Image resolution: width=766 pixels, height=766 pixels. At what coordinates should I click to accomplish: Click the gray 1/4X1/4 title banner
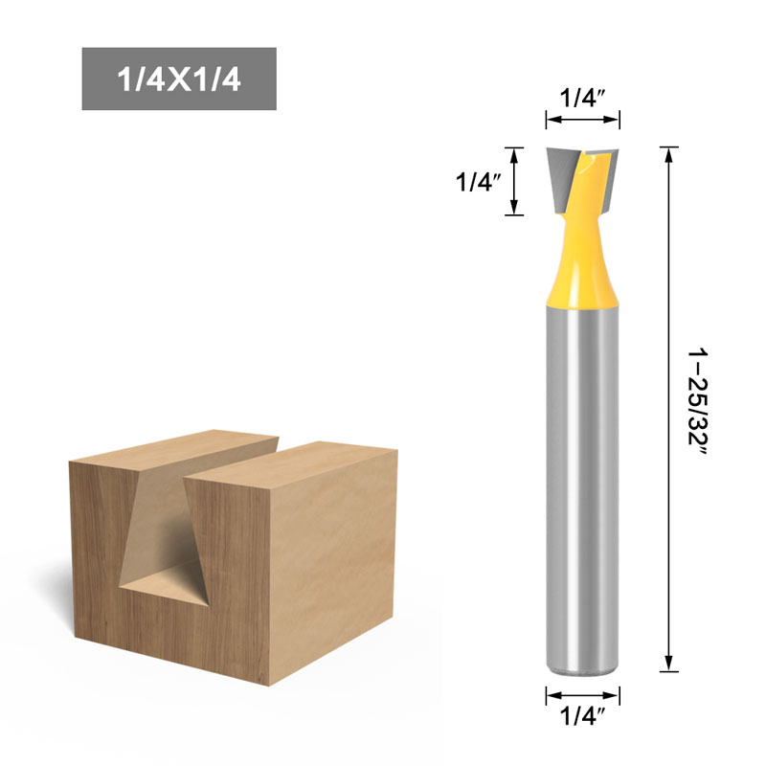pos(179,79)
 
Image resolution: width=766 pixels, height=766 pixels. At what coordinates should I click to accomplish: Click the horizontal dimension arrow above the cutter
pos(583,120)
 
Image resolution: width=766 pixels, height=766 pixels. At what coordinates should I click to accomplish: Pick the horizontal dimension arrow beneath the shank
pos(583,696)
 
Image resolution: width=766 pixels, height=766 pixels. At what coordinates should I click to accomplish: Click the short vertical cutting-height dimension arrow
pos(515,181)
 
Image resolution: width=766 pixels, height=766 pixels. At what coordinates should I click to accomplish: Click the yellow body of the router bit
pos(582,268)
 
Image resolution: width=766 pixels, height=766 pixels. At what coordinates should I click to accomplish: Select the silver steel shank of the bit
pos(582,479)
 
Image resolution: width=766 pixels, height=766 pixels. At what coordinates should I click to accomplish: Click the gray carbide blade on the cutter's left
pos(561,177)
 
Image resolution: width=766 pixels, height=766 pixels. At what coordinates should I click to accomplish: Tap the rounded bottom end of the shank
pos(582,670)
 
